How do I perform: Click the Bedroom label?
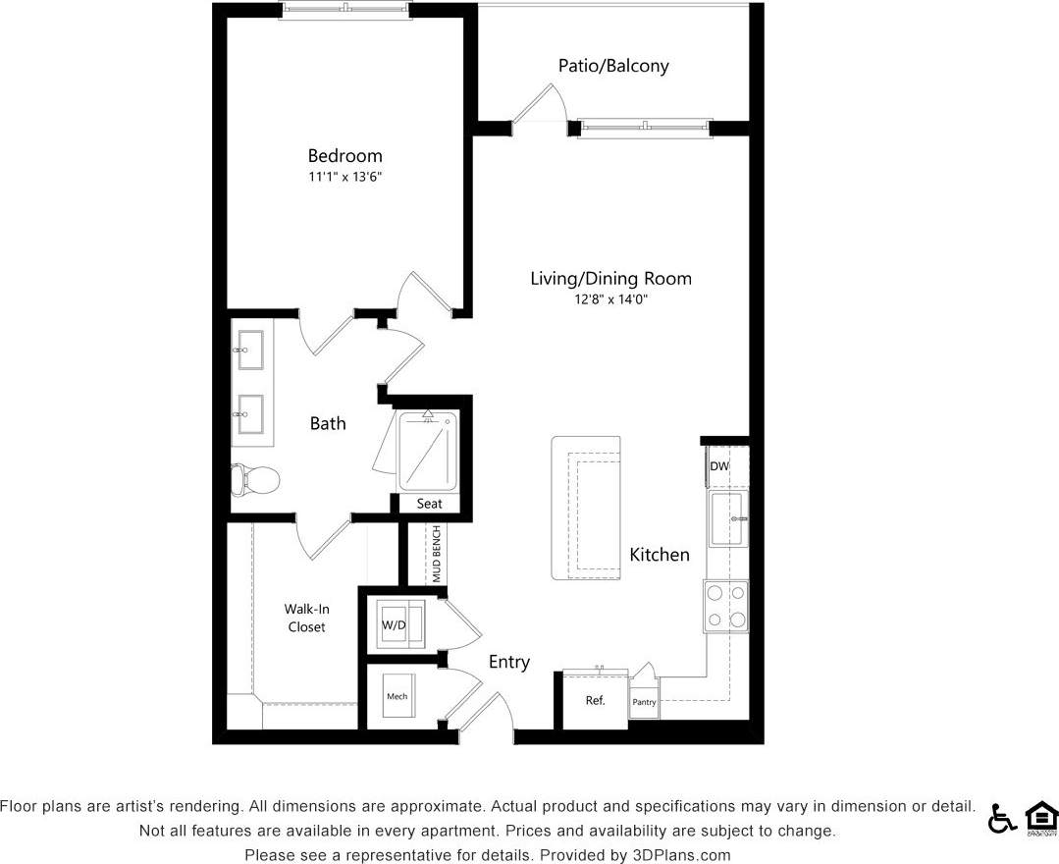344,155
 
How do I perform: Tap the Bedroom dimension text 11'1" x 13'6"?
344,177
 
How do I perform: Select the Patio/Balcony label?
613,66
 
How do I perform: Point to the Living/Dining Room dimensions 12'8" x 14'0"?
610,298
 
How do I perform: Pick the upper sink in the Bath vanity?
249,349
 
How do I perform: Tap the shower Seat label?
429,504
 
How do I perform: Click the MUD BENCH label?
436,556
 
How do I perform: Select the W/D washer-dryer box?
395,625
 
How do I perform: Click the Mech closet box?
397,696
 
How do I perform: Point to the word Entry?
509,662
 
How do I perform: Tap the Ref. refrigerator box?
595,700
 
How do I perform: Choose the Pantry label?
644,703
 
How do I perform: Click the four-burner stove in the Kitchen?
726,606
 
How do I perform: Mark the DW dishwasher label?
719,466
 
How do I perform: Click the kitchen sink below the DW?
727,517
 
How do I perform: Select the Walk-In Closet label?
306,618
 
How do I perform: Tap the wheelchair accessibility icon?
1001,818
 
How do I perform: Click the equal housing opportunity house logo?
1040,818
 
